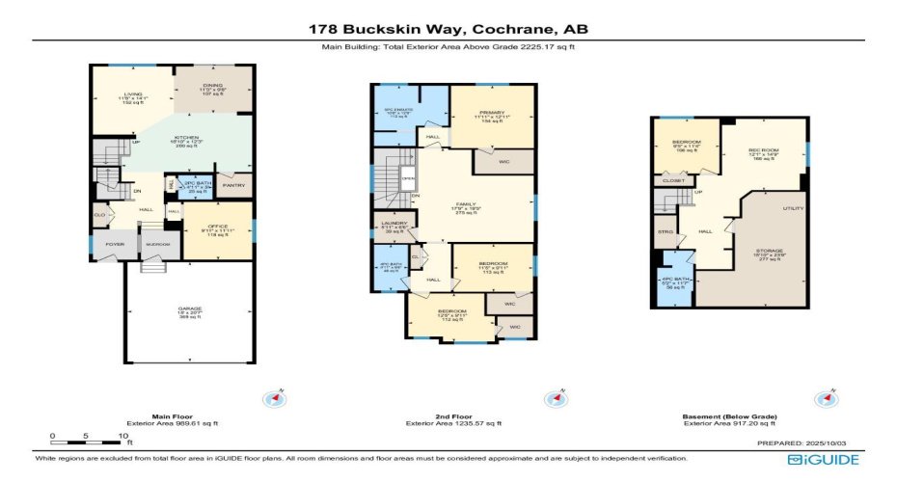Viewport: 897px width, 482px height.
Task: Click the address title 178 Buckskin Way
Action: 448,29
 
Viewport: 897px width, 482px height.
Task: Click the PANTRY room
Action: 232,185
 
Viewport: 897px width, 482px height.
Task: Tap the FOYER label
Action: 114,245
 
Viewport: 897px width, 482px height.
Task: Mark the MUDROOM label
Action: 157,245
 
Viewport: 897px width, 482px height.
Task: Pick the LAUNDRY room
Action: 394,226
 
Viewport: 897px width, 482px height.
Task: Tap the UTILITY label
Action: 794,207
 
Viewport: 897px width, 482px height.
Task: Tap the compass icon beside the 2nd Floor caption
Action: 555,399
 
